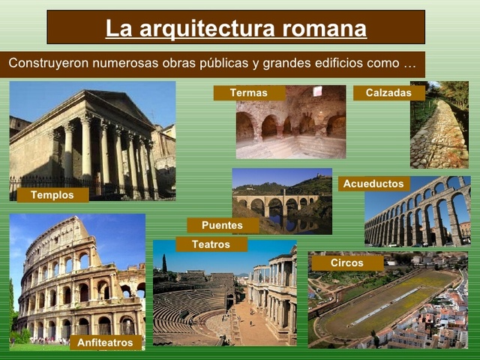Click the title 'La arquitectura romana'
(235, 28)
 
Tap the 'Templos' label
(52, 195)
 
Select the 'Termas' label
(248, 93)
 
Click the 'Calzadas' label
(388, 93)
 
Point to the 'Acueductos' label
(373, 184)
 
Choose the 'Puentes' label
(222, 225)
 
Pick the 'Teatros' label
(211, 244)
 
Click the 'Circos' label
(346, 263)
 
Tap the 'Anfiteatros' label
(105, 343)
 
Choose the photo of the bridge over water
(281, 199)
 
